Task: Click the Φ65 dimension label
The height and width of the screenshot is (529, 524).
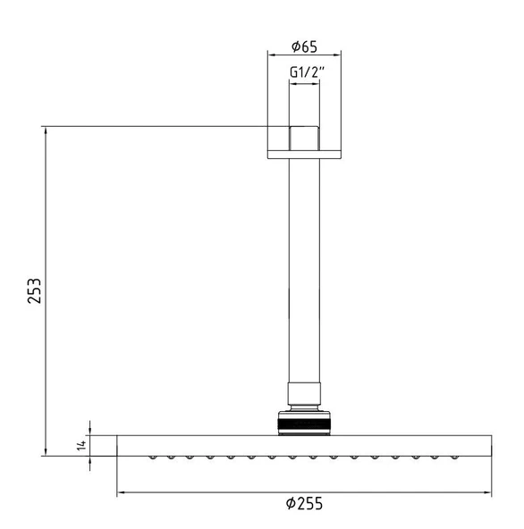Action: point(304,46)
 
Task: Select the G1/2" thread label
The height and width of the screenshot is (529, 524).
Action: point(307,71)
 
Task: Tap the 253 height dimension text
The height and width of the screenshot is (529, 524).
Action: point(35,290)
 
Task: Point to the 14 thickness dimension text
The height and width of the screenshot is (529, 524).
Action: point(81,445)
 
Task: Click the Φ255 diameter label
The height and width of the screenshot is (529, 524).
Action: point(304,503)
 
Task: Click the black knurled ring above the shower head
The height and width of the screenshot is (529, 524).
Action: point(304,424)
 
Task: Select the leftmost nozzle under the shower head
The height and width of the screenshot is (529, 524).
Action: point(153,458)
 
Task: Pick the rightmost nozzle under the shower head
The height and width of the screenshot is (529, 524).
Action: point(454,458)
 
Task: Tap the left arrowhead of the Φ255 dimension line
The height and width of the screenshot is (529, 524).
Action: point(122,492)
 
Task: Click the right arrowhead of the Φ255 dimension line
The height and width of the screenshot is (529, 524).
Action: point(487,492)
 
